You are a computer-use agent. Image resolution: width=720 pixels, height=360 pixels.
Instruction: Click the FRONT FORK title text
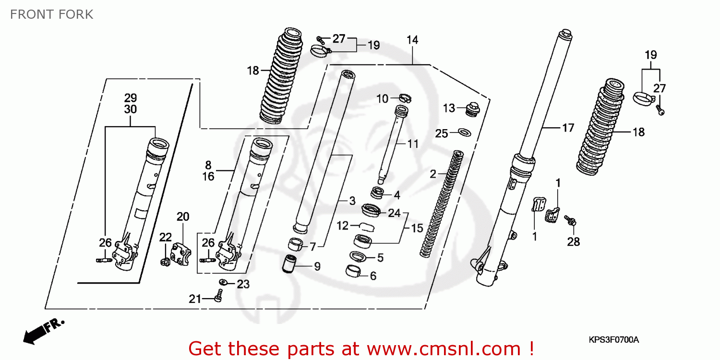point(51,14)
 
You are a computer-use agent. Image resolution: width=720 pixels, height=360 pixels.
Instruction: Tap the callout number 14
point(412,40)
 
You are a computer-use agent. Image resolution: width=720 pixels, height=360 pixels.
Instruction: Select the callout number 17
point(568,128)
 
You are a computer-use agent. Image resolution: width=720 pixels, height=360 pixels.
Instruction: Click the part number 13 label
point(449,108)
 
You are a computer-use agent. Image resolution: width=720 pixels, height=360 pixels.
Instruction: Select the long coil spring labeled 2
point(440,202)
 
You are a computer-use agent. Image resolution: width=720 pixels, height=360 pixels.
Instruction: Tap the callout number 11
point(413,144)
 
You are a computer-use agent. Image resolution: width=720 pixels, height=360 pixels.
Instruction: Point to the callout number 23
point(243,284)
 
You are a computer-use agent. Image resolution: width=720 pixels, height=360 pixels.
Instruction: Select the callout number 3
point(352,201)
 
